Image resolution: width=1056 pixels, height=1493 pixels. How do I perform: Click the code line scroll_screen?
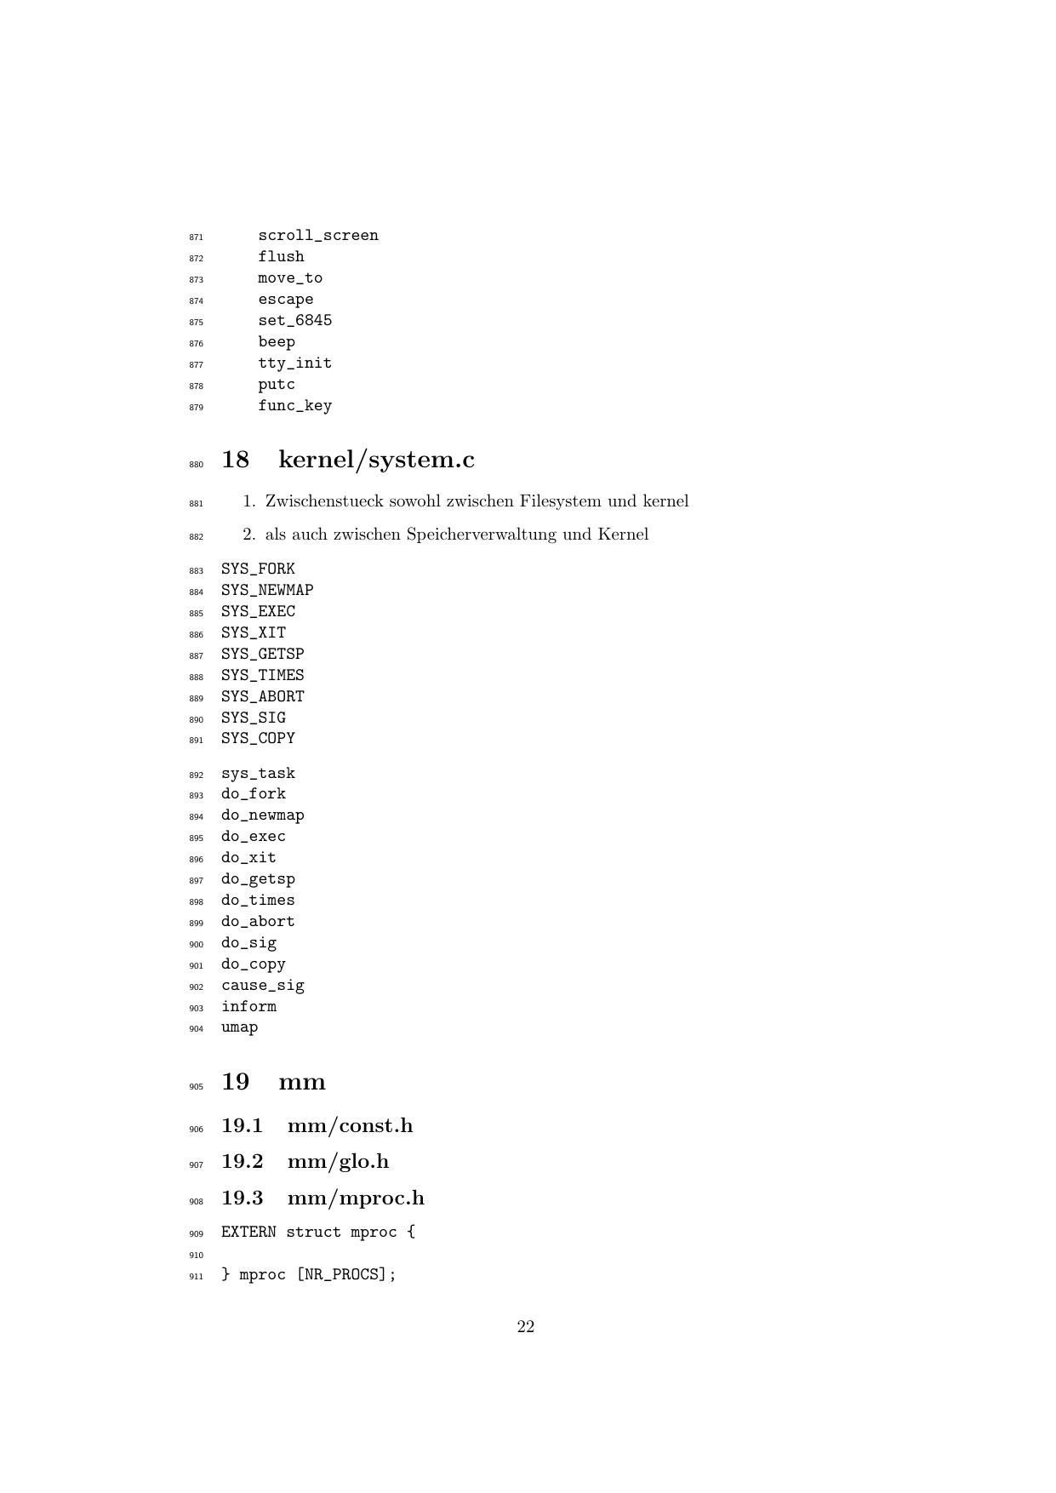(318, 236)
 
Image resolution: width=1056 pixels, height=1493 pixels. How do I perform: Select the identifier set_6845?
(295, 321)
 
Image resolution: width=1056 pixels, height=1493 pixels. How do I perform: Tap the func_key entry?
(295, 406)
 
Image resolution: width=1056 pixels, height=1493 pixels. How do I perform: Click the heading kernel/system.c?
(376, 460)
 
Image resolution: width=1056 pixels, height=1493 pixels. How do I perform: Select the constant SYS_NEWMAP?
(267, 590)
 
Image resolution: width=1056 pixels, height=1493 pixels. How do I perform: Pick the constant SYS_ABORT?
(263, 696)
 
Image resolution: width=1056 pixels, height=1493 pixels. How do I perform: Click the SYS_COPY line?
(258, 739)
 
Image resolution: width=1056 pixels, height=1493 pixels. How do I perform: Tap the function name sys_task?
(258, 774)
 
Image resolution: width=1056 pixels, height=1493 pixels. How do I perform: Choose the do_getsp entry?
(258, 879)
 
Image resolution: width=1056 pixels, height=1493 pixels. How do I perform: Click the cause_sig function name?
(263, 986)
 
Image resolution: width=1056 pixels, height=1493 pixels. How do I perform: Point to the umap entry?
(240, 1027)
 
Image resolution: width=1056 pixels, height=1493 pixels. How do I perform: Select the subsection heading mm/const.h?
(350, 1126)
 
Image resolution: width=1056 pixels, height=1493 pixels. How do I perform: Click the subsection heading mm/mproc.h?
(356, 1198)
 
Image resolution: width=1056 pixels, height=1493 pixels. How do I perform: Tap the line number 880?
(197, 465)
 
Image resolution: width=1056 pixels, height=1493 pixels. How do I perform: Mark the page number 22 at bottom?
(526, 1327)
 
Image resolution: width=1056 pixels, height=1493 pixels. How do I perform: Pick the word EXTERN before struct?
(248, 1233)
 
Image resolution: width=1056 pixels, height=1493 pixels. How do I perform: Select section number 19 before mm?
(236, 1082)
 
